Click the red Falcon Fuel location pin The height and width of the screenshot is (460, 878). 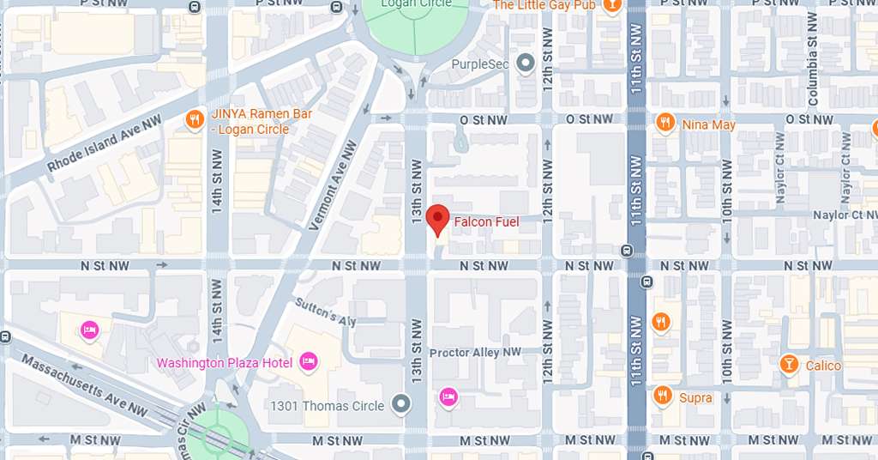coord(437,220)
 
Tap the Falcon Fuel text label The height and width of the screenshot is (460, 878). coord(486,222)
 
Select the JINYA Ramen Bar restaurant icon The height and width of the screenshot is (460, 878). coord(195,120)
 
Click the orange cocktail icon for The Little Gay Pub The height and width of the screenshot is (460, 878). coord(611,5)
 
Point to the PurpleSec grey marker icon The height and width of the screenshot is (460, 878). coord(526,64)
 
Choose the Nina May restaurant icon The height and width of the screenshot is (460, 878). coord(665,124)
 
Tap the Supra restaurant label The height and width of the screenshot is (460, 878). coord(695,397)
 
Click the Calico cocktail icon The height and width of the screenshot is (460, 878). coord(788,365)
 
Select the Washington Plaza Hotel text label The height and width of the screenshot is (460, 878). coord(225,362)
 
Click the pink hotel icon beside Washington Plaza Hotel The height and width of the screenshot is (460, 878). coord(309,362)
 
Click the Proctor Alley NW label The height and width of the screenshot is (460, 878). coord(475,353)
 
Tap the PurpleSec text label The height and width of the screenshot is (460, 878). coord(480,64)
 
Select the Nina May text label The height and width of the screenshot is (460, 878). coord(708,124)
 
